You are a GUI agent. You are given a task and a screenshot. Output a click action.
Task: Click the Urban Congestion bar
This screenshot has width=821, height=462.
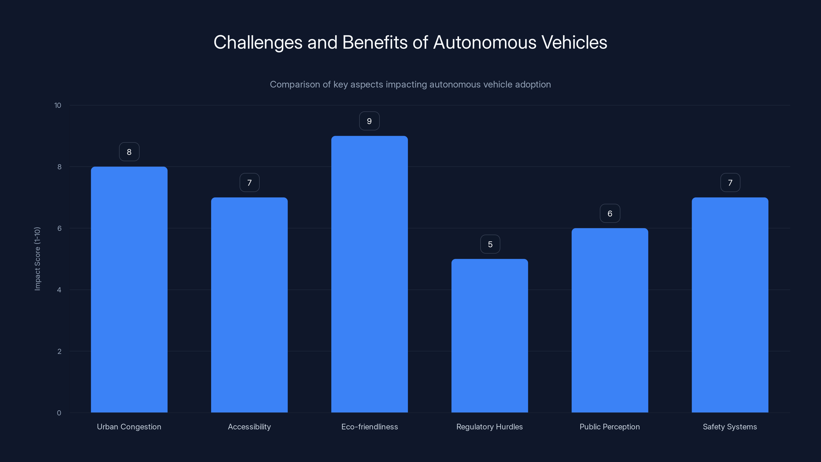pos(129,290)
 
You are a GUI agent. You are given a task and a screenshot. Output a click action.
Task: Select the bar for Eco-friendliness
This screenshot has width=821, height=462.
pos(369,274)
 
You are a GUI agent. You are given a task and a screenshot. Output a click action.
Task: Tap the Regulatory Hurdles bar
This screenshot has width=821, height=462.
pos(490,336)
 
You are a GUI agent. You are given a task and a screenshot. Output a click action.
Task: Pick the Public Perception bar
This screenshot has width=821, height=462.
pos(610,320)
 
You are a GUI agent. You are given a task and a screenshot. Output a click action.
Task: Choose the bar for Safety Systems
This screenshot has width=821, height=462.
pos(730,305)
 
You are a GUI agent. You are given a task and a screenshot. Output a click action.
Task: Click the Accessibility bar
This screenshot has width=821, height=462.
pos(249,305)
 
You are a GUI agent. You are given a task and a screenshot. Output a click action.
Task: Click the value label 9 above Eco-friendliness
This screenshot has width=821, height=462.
pos(369,121)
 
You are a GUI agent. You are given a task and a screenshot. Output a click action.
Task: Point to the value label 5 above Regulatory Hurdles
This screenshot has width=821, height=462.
pos(490,244)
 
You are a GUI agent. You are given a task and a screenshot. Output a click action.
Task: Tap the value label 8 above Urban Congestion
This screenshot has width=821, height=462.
pos(129,152)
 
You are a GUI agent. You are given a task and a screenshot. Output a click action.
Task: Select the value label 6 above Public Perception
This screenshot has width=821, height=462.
pos(610,213)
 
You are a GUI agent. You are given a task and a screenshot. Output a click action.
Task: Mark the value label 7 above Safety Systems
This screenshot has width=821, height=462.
pos(730,183)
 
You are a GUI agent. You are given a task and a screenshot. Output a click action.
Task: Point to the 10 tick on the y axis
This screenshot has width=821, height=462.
pos(58,105)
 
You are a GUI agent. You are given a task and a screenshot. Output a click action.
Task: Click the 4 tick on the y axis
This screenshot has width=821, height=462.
pos(59,290)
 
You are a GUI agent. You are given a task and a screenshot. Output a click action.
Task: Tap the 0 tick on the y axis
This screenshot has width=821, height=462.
pos(59,413)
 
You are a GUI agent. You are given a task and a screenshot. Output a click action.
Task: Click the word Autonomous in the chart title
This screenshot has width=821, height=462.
pos(485,42)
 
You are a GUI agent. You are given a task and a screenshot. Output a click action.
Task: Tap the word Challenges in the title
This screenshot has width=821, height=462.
pos(258,42)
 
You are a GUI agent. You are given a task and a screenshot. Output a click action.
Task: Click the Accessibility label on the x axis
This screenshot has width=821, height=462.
pos(249,427)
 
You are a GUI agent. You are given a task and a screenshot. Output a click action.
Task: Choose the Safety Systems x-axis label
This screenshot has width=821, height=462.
pos(730,427)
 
